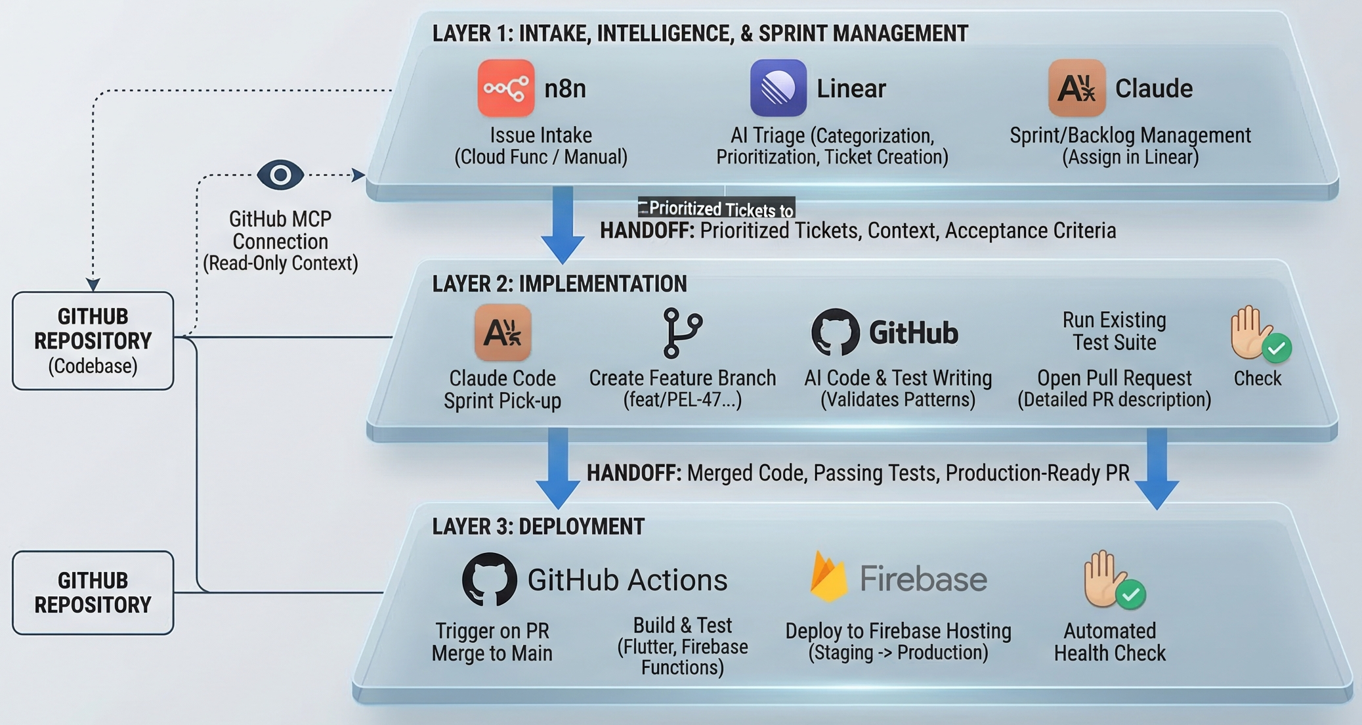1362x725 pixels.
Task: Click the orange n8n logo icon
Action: pyautogui.click(x=505, y=88)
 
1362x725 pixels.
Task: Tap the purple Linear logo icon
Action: pyautogui.click(x=778, y=88)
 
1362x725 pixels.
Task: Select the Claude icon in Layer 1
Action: pyautogui.click(x=1076, y=88)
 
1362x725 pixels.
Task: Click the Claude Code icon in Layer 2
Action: pyautogui.click(x=502, y=332)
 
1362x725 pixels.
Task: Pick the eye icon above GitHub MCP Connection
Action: pyautogui.click(x=280, y=175)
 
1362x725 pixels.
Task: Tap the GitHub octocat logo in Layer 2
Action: pyautogui.click(x=835, y=332)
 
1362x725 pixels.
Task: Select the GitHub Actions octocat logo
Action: pyautogui.click(x=489, y=579)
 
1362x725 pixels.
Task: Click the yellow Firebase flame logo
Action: pyautogui.click(x=828, y=578)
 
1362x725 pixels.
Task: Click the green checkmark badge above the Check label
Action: pyautogui.click(x=1277, y=349)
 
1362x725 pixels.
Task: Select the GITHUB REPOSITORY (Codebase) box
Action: pyautogui.click(x=93, y=341)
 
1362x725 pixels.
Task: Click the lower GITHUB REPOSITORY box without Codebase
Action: pyautogui.click(x=93, y=592)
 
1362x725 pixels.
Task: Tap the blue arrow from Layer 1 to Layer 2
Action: pyautogui.click(x=563, y=223)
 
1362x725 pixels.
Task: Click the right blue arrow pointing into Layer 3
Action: pyautogui.click(x=1157, y=468)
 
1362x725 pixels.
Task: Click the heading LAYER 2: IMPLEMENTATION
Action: pyautogui.click(x=559, y=284)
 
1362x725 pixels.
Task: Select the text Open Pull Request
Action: pyautogui.click(x=1114, y=378)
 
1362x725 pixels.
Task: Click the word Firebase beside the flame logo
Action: pyautogui.click(x=923, y=579)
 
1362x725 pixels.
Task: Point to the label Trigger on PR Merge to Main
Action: pyautogui.click(x=492, y=642)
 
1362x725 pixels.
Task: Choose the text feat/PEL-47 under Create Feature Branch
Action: pyautogui.click(x=682, y=399)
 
